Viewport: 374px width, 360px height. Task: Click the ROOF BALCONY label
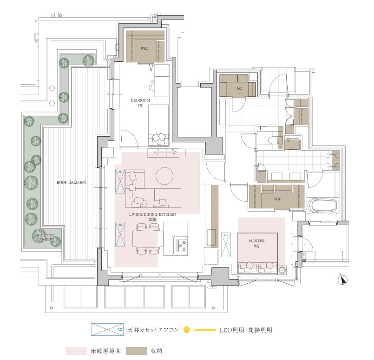(x=72, y=182)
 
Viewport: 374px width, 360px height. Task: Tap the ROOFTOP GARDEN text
(x=44, y=237)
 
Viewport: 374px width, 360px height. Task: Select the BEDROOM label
(x=140, y=100)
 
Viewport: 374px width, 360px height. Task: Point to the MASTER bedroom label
(x=256, y=241)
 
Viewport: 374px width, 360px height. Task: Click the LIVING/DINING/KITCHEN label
(x=152, y=214)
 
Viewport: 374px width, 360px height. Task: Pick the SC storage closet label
(x=239, y=88)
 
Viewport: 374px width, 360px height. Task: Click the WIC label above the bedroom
(x=144, y=48)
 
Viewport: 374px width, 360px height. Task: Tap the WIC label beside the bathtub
(x=278, y=199)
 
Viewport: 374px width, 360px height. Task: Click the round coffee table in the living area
(x=164, y=176)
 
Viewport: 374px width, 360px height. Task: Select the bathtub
(x=322, y=205)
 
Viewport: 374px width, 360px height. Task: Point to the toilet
(x=274, y=140)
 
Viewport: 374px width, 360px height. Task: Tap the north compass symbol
(x=342, y=280)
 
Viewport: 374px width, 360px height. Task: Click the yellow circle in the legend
(x=187, y=330)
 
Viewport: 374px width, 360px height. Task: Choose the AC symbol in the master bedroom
(x=226, y=245)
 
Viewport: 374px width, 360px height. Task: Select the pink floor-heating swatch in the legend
(x=77, y=351)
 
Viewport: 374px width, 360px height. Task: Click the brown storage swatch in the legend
(x=137, y=351)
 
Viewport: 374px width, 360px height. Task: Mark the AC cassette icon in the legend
(x=108, y=330)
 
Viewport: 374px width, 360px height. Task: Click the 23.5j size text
(x=152, y=220)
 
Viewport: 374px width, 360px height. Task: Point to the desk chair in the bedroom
(x=152, y=86)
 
